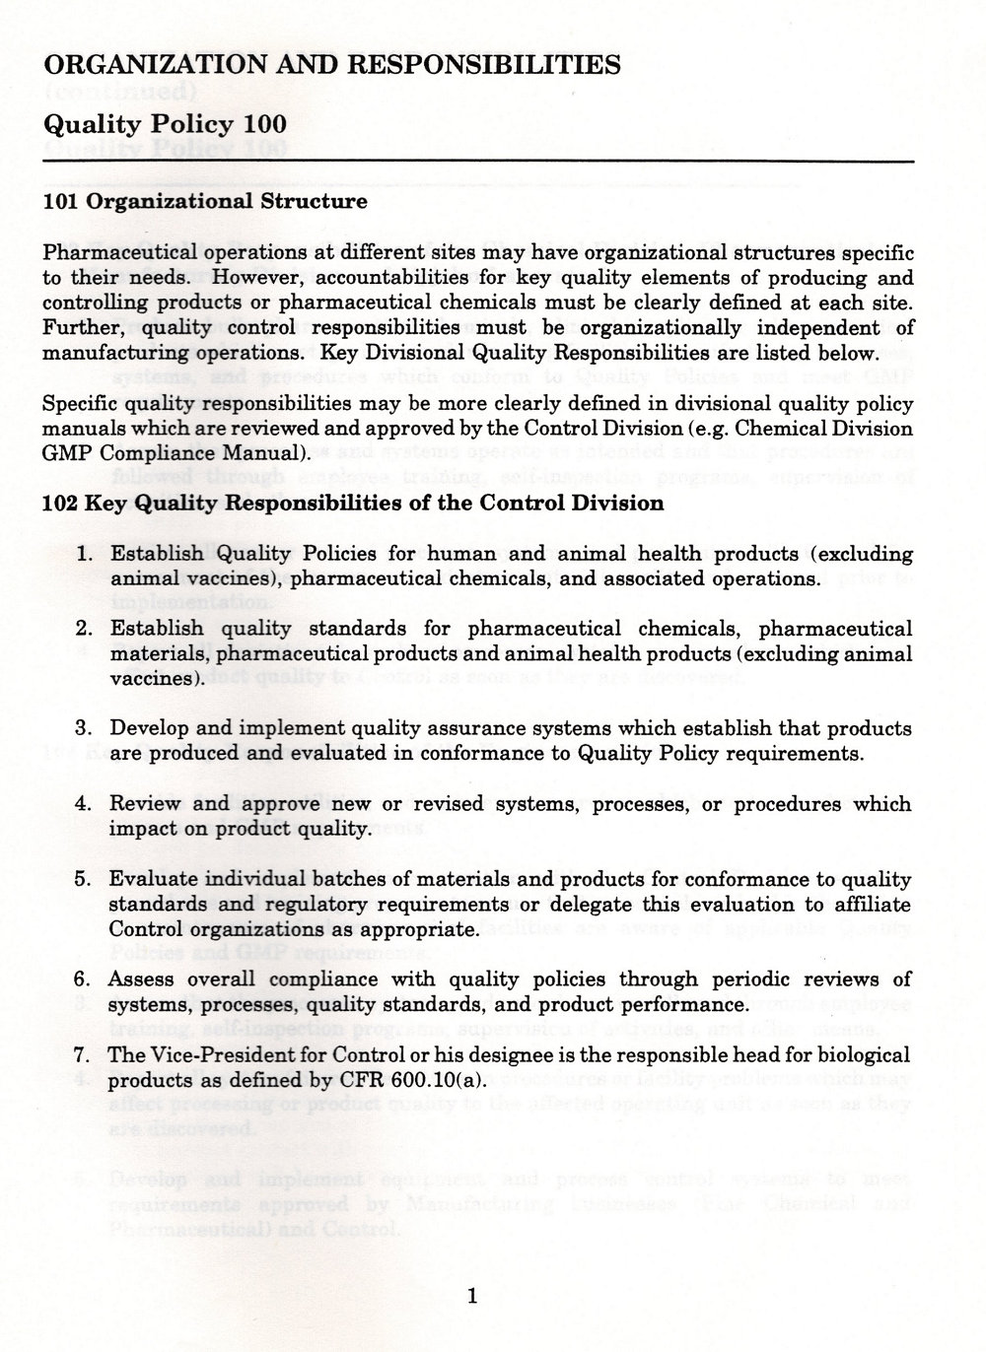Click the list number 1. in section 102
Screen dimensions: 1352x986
[x=85, y=554]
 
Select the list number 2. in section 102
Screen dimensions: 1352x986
[x=85, y=629]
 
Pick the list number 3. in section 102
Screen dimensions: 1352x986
[x=85, y=729]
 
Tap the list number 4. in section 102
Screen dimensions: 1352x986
[x=85, y=804]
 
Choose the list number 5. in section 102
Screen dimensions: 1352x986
[x=85, y=879]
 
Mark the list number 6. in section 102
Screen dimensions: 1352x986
[x=85, y=980]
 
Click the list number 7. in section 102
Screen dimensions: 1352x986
[x=85, y=1055]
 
